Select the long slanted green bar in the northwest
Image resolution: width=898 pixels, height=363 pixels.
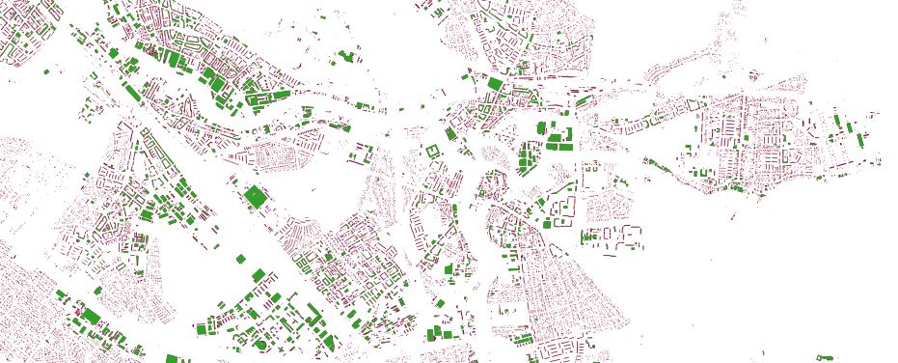128,93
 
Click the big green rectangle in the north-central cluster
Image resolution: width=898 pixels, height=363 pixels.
495,84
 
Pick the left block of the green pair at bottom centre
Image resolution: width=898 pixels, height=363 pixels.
434,332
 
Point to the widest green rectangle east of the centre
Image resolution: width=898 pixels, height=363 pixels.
559,146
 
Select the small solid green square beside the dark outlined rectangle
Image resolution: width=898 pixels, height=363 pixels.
547,224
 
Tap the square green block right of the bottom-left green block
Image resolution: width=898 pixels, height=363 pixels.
203,329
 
